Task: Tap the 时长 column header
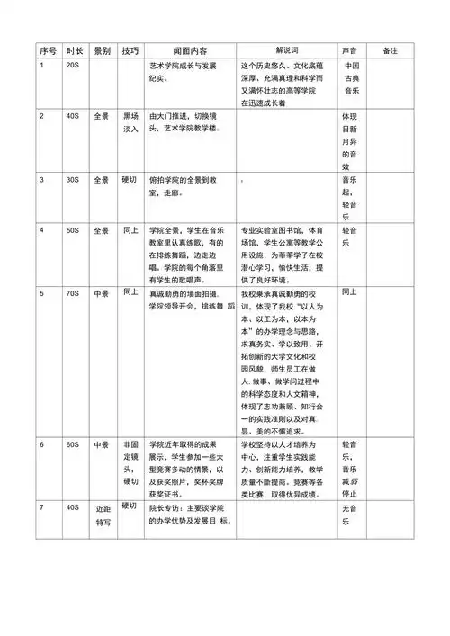click(76, 50)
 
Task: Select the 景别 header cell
click(103, 50)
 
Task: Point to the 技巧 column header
click(130, 50)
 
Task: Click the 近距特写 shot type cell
click(103, 515)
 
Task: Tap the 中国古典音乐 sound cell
click(352, 79)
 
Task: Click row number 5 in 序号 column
click(41, 293)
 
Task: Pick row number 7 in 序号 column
click(41, 508)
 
